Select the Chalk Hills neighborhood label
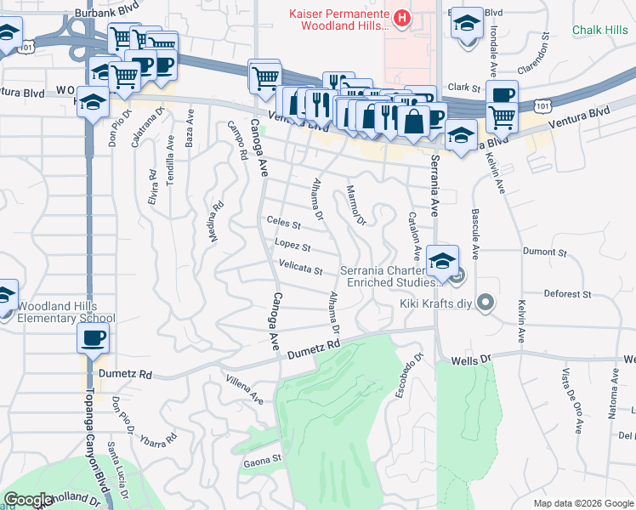[x=599, y=31]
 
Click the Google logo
[x=29, y=500]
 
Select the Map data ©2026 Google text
[x=583, y=503]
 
